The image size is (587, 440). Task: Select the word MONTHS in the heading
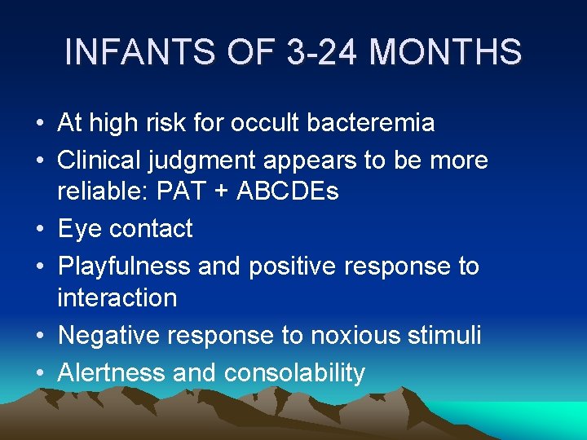point(444,52)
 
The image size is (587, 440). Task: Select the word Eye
point(79,229)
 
